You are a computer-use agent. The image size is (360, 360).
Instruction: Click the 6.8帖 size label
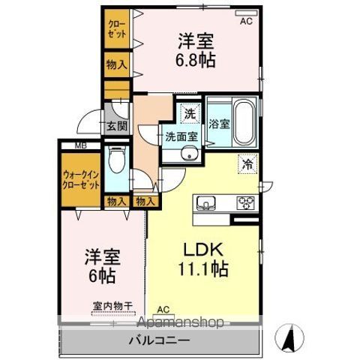pos(197,59)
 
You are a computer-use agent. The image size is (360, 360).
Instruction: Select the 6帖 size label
pos(101,275)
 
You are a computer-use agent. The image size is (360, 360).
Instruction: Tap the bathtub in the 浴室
pos(243,121)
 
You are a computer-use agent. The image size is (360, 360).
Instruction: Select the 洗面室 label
pos(181,136)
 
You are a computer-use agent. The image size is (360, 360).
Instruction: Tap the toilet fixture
pos(116,160)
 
